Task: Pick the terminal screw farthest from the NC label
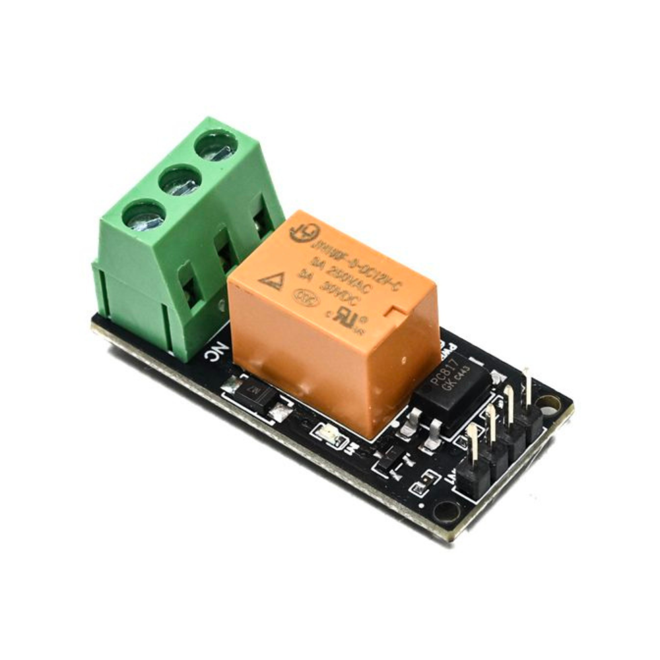(216, 146)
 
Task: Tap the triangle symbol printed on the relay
(271, 280)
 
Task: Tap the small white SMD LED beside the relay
(328, 433)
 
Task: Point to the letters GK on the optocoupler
(451, 387)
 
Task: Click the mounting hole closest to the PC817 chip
(548, 402)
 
